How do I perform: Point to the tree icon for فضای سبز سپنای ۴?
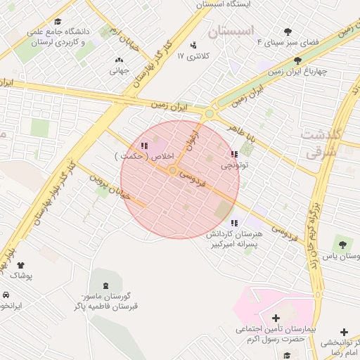(288, 32)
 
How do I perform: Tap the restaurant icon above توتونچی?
(234, 154)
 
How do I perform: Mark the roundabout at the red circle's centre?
(172, 170)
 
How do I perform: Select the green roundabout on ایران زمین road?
(209, 114)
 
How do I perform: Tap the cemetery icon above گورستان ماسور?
(106, 286)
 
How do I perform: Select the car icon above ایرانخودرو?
(6, 295)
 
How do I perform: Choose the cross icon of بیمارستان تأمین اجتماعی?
(276, 319)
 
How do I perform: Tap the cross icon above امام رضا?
(343, 332)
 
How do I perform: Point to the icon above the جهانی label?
(117, 60)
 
